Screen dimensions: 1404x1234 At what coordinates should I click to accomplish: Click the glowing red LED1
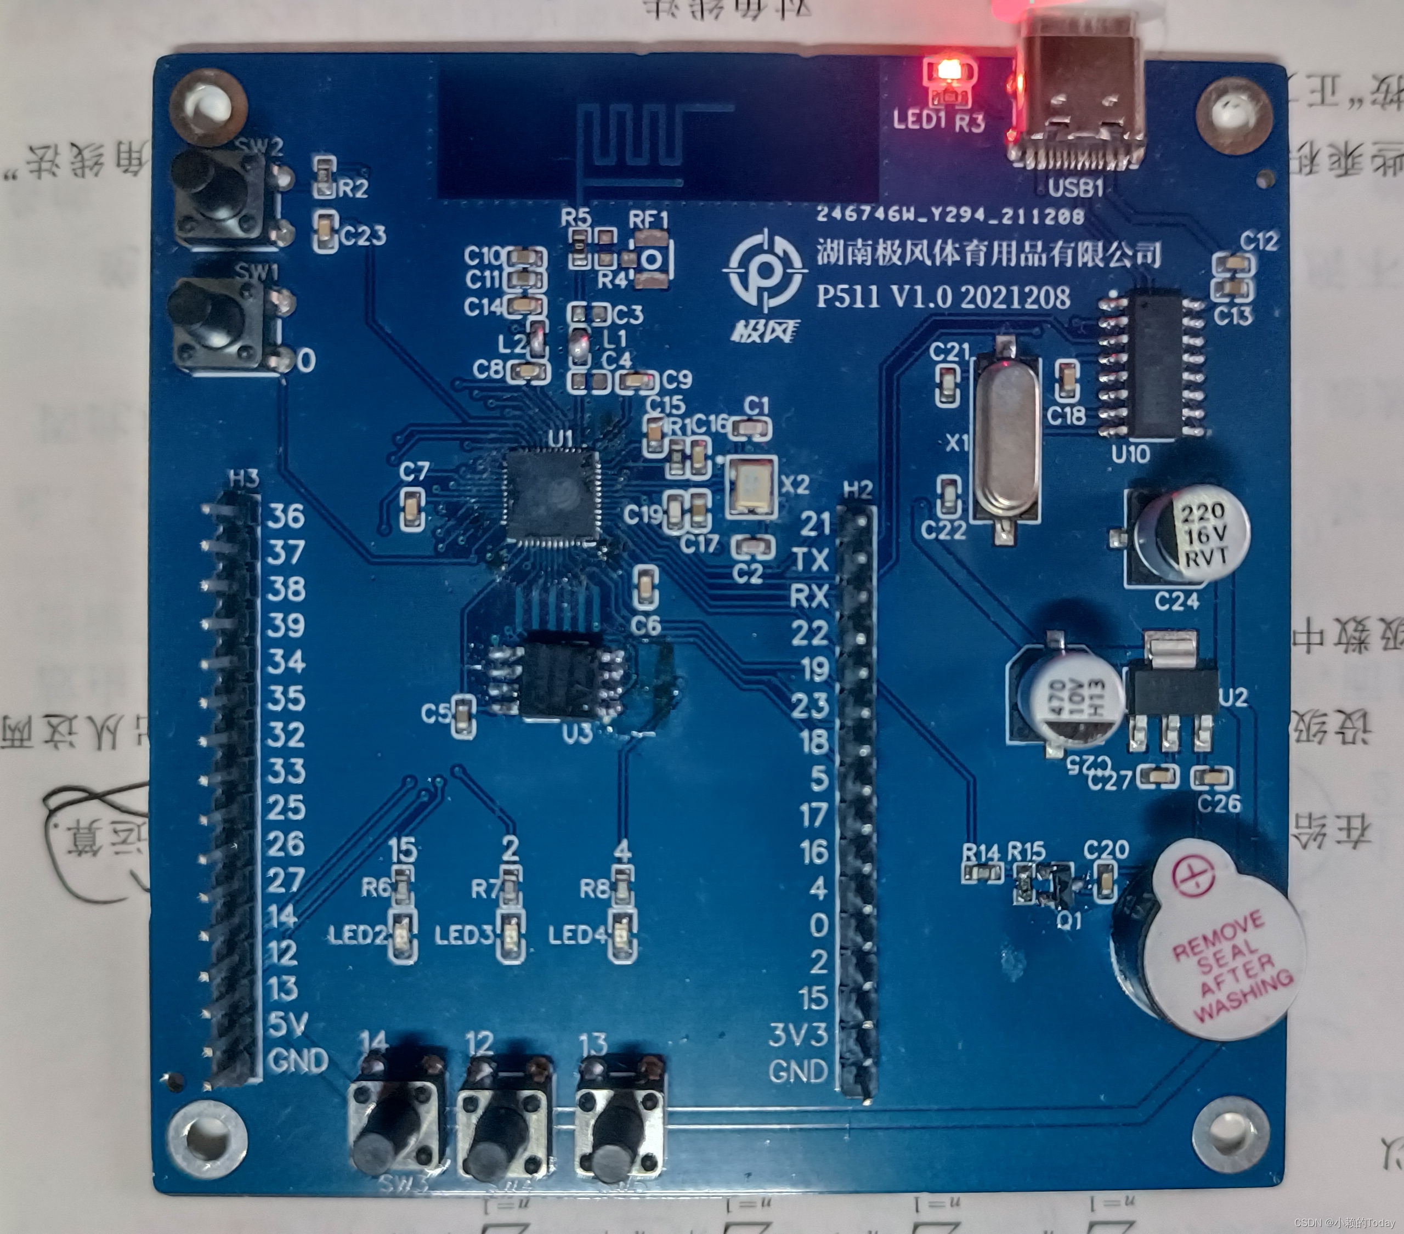[x=949, y=71]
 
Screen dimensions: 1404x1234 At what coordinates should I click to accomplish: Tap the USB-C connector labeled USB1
[x=1074, y=103]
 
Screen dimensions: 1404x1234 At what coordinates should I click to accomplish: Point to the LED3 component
[x=509, y=933]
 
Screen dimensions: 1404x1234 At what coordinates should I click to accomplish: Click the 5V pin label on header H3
[x=286, y=1024]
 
